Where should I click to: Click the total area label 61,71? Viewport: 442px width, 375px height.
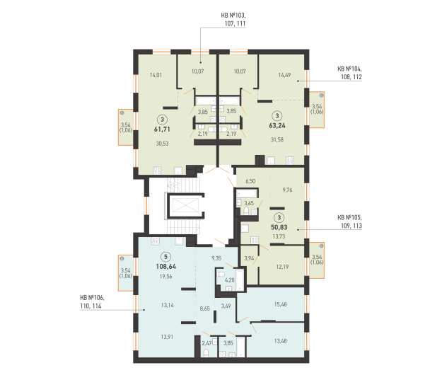(x=162, y=129)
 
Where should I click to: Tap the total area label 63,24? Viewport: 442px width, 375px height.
(x=277, y=126)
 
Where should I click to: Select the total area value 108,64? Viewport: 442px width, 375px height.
(x=165, y=267)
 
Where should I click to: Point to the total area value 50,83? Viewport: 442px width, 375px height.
(x=279, y=227)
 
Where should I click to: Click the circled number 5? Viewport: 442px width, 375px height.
(x=165, y=257)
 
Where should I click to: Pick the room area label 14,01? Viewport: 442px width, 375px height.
(x=156, y=75)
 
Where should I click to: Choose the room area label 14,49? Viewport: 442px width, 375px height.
(x=284, y=75)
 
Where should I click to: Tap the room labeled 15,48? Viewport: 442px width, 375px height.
(x=281, y=304)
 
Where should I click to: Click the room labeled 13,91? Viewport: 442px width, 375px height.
(x=167, y=337)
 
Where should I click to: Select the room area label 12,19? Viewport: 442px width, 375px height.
(x=282, y=267)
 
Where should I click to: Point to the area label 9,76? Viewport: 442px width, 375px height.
(x=287, y=190)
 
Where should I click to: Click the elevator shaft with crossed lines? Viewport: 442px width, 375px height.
(x=185, y=205)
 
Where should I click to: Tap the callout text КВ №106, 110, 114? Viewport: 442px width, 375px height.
(x=92, y=301)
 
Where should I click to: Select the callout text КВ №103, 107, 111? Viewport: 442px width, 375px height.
(x=233, y=19)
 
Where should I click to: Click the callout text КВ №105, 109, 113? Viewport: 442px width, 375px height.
(x=349, y=221)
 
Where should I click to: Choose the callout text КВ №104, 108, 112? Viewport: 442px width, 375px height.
(x=349, y=73)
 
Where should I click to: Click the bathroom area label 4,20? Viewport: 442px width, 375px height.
(x=229, y=280)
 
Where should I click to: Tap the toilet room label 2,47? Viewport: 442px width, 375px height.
(x=207, y=343)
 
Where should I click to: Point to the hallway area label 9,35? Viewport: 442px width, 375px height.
(x=216, y=258)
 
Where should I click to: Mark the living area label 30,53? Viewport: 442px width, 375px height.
(x=163, y=144)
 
